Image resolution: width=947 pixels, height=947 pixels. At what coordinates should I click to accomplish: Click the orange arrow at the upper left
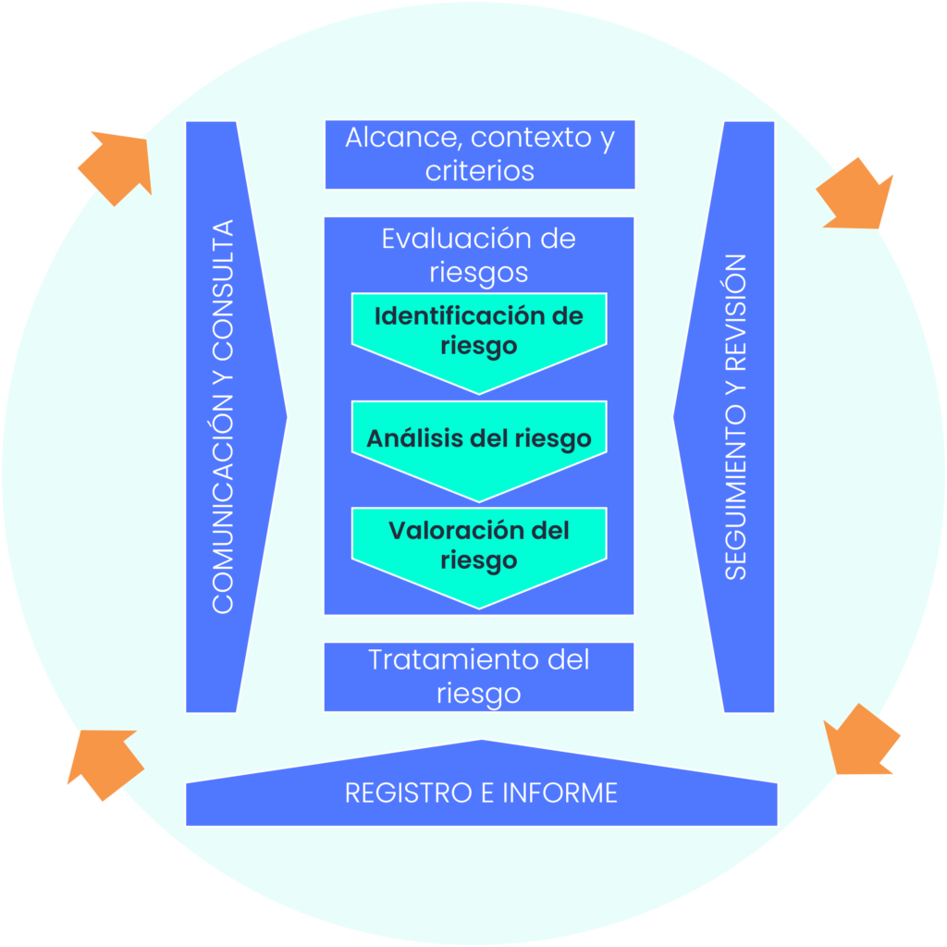118,166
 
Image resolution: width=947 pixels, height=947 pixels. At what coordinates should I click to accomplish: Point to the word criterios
479,171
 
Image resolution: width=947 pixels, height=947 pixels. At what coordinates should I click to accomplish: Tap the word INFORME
560,793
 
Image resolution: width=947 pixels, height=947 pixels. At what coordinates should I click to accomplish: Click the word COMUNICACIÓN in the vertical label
223,512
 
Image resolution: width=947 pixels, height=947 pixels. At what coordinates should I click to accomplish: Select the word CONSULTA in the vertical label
223,292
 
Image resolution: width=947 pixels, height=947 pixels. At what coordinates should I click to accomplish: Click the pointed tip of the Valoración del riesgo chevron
479,607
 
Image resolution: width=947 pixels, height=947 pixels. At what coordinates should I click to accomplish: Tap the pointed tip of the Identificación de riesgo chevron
479,392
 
